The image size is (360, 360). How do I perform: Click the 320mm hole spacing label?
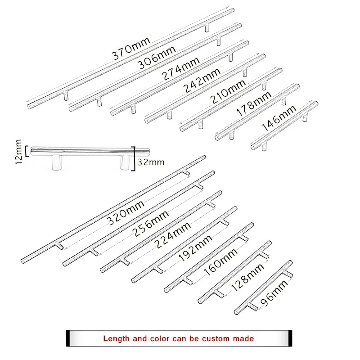click(x=126, y=214)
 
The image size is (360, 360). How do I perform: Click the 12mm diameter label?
click(x=18, y=152)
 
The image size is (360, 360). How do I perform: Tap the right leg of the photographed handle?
click(x=124, y=162)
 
